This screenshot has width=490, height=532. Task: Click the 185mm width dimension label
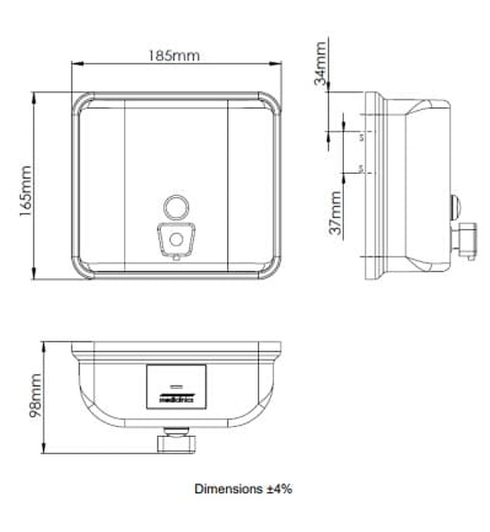[x=175, y=56]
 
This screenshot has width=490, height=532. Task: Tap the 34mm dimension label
[x=323, y=62]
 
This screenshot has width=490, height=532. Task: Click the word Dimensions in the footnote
[x=226, y=489]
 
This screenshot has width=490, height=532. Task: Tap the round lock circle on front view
[x=175, y=206]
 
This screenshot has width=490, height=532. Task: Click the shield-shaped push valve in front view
[x=175, y=239]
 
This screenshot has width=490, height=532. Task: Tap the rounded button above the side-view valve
[x=454, y=206]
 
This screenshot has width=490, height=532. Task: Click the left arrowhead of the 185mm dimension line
[x=74, y=65]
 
